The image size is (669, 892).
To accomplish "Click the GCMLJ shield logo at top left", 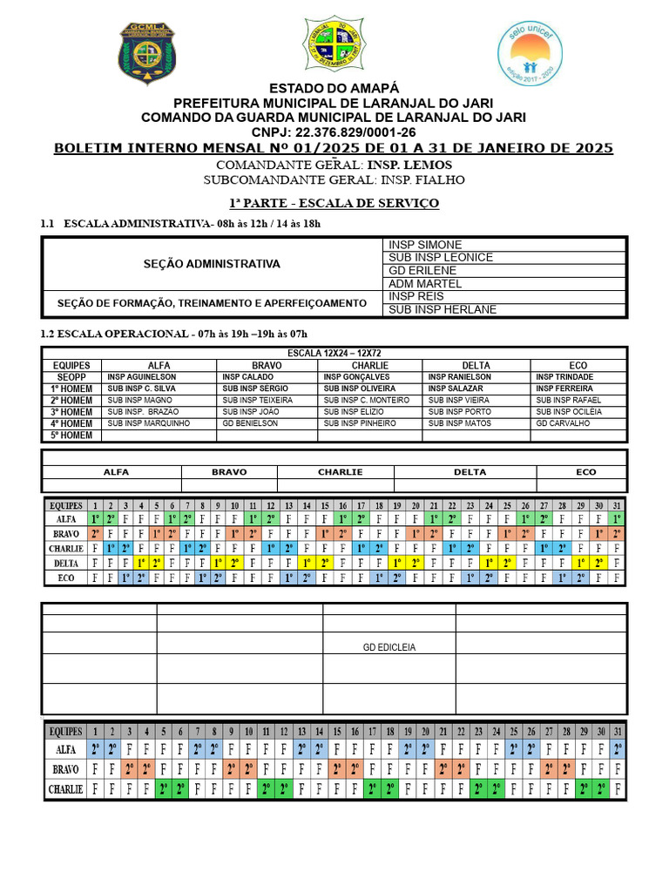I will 147,53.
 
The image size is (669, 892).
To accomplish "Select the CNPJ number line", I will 334,132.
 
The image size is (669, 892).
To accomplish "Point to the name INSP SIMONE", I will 425,246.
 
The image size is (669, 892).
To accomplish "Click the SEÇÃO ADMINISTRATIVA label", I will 212,264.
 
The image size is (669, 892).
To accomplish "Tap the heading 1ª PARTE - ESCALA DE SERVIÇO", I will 334,203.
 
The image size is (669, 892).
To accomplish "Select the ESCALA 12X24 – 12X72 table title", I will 334,353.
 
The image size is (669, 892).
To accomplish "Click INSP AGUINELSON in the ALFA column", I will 141,376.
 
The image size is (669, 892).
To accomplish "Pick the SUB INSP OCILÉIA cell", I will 569,411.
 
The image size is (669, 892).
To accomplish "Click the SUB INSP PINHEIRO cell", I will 359,423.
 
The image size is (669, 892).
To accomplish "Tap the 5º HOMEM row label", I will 71,436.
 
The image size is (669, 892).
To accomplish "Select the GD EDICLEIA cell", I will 389,647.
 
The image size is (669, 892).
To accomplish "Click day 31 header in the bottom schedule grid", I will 618,731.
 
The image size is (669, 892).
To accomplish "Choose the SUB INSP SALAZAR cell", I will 456,389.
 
